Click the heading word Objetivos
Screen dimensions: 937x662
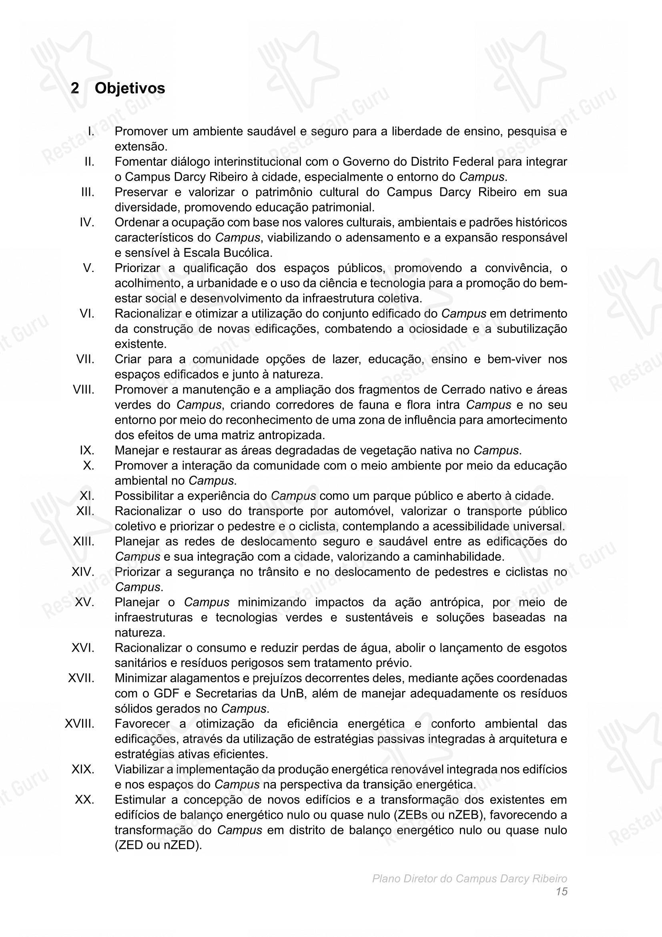pyautogui.click(x=130, y=88)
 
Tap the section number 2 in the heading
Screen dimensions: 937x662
pyautogui.click(x=74, y=88)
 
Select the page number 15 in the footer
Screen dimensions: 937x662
pyautogui.click(x=561, y=892)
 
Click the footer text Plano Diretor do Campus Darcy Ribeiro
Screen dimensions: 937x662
pyautogui.click(x=469, y=879)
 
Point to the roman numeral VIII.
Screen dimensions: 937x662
pyautogui.click(x=84, y=390)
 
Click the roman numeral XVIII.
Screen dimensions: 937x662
pyautogui.click(x=80, y=724)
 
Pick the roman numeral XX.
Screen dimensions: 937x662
pyautogui.click(x=84, y=800)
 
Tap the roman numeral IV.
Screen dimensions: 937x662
pyautogui.click(x=87, y=223)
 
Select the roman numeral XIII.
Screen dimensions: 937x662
pyautogui.click(x=84, y=542)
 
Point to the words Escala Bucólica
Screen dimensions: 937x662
pyautogui.click(x=227, y=253)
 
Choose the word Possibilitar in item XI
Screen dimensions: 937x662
pyautogui.click(x=146, y=496)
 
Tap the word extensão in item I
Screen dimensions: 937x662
pyautogui.click(x=140, y=147)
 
